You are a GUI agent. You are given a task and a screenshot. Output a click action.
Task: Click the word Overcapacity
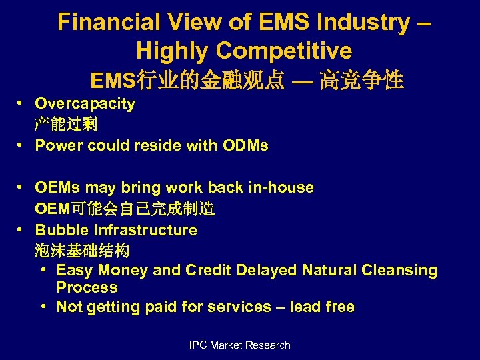coord(85,104)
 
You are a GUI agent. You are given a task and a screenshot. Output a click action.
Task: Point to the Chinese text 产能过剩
coord(66,125)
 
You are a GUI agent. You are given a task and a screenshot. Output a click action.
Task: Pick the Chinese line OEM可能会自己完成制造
coord(125,209)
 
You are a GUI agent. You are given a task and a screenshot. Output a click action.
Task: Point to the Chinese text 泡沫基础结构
coord(82,251)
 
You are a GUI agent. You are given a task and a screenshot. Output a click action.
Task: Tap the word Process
coord(87,288)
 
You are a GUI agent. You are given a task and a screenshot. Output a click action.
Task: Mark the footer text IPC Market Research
coord(240,345)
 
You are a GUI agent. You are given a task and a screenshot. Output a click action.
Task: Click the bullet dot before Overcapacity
coord(22,104)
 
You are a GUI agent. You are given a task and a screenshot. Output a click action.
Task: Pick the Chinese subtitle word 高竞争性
coord(361,81)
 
